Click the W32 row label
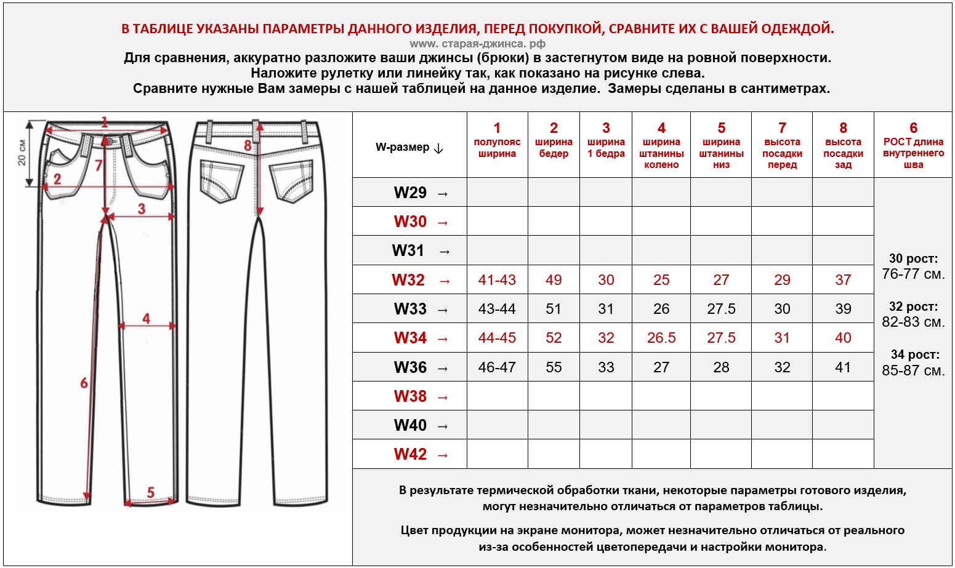[408, 280]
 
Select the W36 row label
[410, 367]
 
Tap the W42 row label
[410, 454]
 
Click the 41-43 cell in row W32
[497, 280]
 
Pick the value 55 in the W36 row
[554, 367]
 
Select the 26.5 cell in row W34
[661, 338]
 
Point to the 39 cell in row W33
[843, 309]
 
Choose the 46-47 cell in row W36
[497, 367]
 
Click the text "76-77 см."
[913, 274]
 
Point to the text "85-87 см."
[913, 370]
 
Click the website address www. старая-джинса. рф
[477, 44]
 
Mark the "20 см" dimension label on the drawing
[22, 152]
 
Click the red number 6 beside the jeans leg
[84, 383]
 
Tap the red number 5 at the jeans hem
[151, 492]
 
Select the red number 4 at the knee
[146, 318]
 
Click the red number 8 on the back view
[248, 146]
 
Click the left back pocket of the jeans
[221, 180]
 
